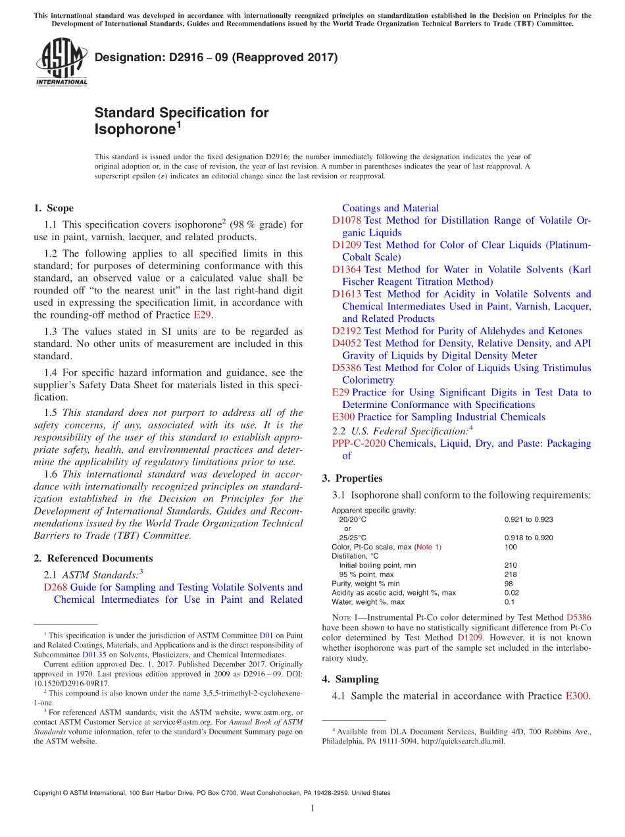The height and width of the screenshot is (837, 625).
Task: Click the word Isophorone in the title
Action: coord(134,129)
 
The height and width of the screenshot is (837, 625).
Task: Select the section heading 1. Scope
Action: coord(53,208)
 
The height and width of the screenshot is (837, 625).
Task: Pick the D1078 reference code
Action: coord(346,220)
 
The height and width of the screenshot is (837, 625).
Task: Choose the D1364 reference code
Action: coord(346,269)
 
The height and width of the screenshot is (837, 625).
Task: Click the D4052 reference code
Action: coord(346,343)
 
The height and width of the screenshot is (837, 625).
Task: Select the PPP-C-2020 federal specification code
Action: coord(359,443)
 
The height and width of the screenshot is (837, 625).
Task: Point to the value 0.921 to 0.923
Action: coord(528,519)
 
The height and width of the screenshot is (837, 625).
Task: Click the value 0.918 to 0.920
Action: coord(528,538)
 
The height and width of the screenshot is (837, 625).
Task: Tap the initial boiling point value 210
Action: coord(511,565)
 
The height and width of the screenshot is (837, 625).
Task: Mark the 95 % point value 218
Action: coord(511,574)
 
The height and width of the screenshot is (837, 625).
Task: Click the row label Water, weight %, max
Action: coord(368,601)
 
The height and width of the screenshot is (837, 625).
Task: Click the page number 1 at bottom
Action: coord(312,808)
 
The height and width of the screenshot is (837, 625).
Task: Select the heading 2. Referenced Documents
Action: coord(93,558)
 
